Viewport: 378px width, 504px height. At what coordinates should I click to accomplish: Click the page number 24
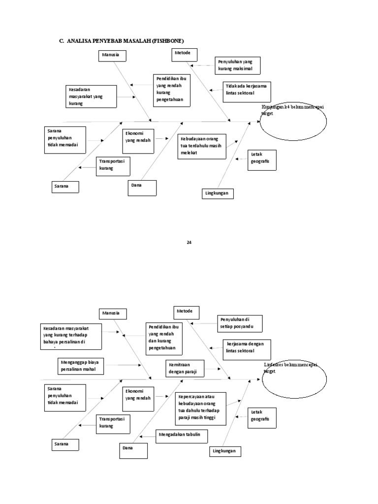pyautogui.click(x=189, y=242)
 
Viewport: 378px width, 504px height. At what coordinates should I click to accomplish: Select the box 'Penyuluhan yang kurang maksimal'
pyautogui.click(x=237, y=65)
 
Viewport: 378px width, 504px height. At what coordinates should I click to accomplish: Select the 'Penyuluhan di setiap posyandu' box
pyautogui.click(x=240, y=324)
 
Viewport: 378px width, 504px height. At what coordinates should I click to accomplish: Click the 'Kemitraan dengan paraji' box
pyautogui.click(x=185, y=368)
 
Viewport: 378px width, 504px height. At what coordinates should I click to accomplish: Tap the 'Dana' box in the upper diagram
pyautogui.click(x=142, y=188)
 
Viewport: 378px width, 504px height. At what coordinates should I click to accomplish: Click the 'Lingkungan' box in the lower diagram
pyautogui.click(x=224, y=451)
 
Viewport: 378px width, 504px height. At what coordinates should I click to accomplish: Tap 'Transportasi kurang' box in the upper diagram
pyautogui.click(x=114, y=167)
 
